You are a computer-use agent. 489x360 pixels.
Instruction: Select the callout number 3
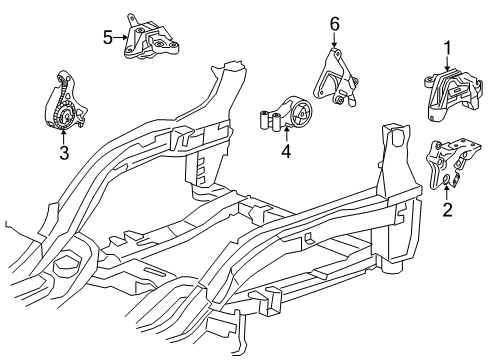(x=63, y=153)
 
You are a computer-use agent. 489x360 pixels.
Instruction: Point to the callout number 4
(x=285, y=153)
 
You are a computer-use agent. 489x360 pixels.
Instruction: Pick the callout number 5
(x=108, y=37)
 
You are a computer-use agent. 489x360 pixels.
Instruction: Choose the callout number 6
(x=335, y=22)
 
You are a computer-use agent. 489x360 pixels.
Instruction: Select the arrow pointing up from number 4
(x=285, y=138)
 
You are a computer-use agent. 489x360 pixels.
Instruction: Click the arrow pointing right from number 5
(x=120, y=37)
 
